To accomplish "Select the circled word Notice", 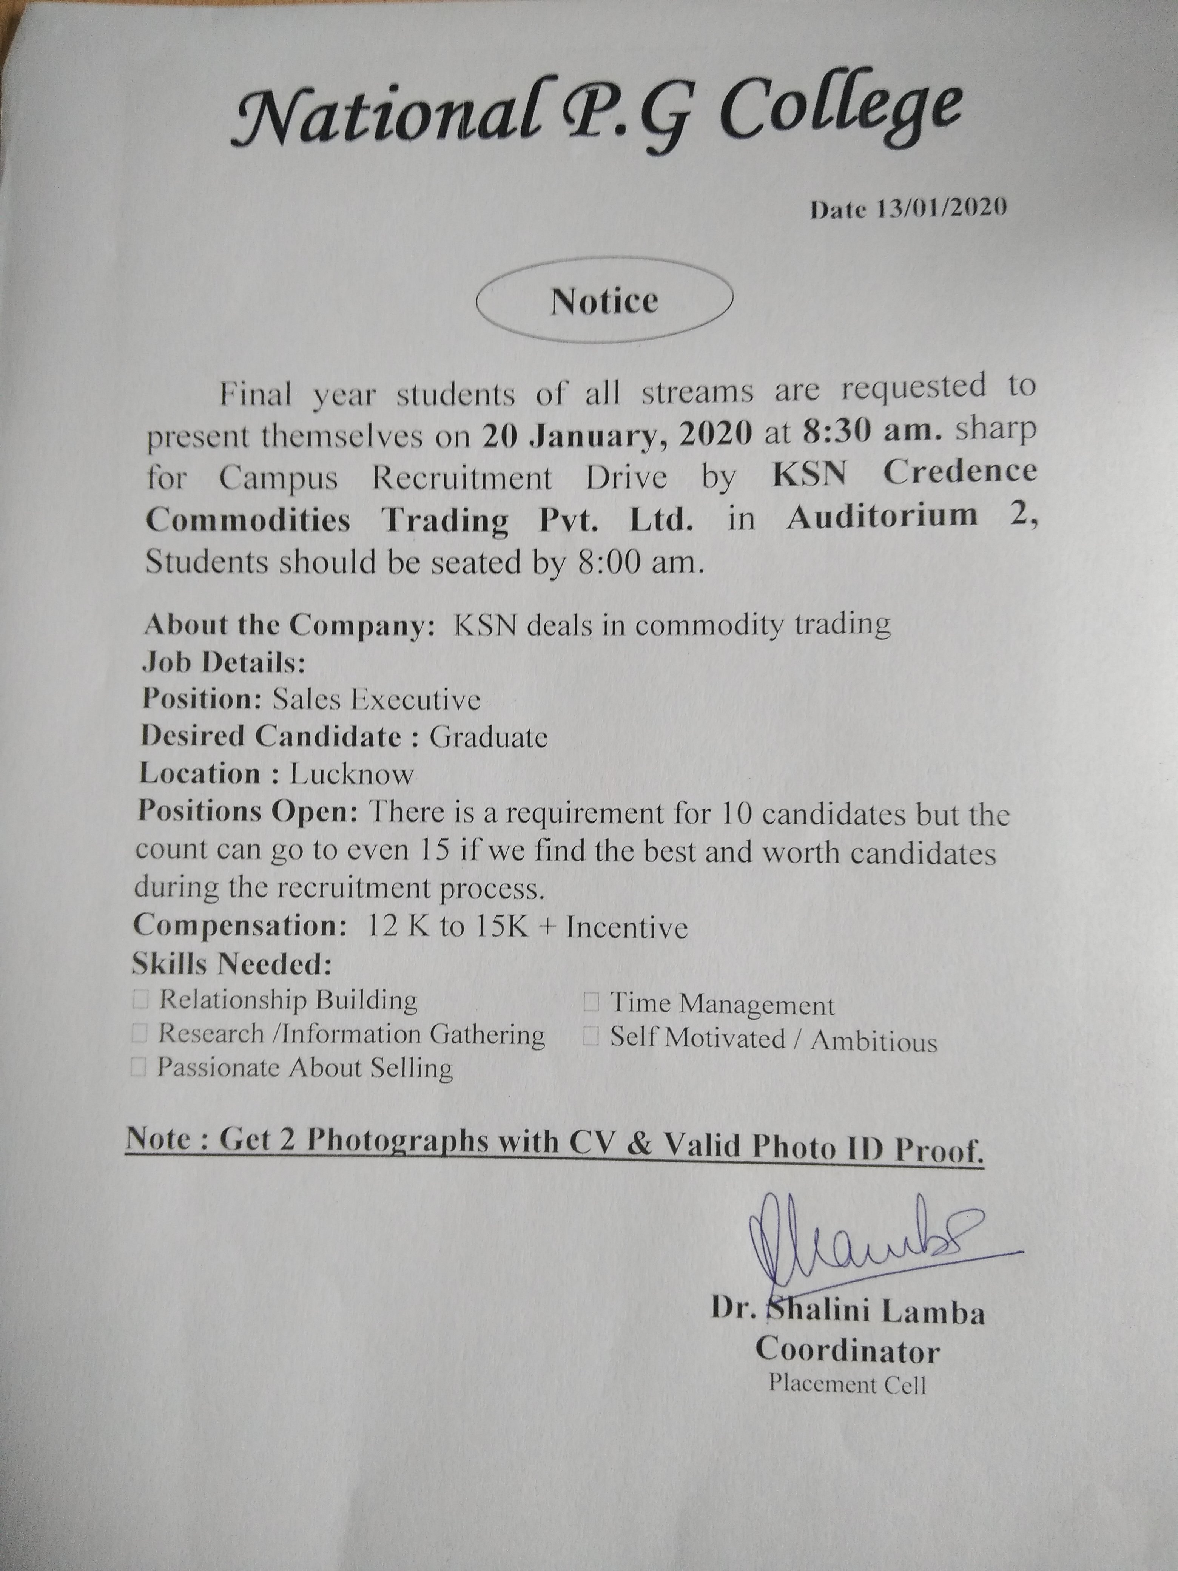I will coord(604,302).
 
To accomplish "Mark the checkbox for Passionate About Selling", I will coord(139,1068).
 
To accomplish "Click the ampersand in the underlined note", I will coord(640,1144).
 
